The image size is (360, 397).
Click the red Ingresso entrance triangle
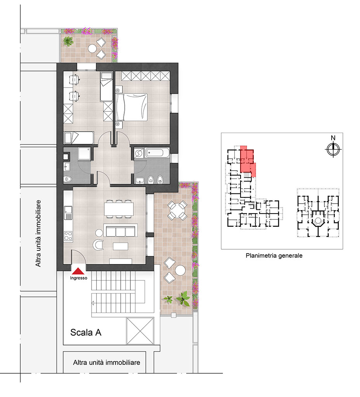point(78,271)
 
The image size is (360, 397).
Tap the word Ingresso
point(78,278)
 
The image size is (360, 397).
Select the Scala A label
point(86,332)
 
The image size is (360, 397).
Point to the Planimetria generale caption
point(274,256)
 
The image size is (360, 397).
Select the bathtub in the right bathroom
point(157,153)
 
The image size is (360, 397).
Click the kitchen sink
point(68,213)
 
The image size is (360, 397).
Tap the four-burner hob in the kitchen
point(68,236)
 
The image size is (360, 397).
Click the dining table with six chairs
point(119,209)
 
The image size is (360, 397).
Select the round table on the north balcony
point(92,48)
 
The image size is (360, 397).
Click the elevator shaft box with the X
point(140,331)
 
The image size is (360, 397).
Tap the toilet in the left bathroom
point(68,179)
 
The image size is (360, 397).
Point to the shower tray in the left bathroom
point(84,154)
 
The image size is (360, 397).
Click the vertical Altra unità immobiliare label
point(38,233)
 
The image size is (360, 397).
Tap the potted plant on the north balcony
point(68,41)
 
